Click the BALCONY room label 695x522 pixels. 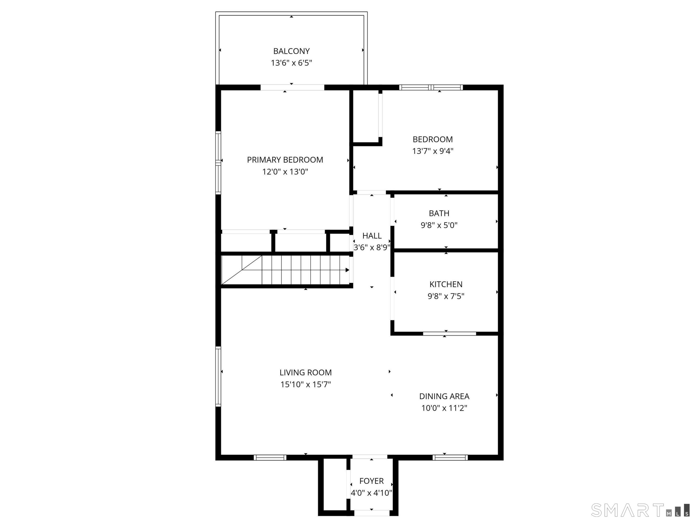(291, 51)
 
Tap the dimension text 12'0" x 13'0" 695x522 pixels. (285, 172)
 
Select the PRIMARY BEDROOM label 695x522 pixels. (285, 160)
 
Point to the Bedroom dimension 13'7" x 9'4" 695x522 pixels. (433, 151)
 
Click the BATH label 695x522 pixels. (439, 213)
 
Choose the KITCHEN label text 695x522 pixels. (446, 284)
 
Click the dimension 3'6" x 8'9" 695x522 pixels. (372, 248)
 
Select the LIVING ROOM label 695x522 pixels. (305, 372)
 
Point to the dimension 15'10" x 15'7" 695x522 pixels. (305, 384)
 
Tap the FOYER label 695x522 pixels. (371, 481)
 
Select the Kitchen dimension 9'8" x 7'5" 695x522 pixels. (446, 296)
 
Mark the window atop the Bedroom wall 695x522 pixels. (431, 87)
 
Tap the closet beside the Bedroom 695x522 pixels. (366, 116)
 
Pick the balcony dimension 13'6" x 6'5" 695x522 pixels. (291, 63)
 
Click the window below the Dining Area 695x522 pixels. (450, 458)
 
